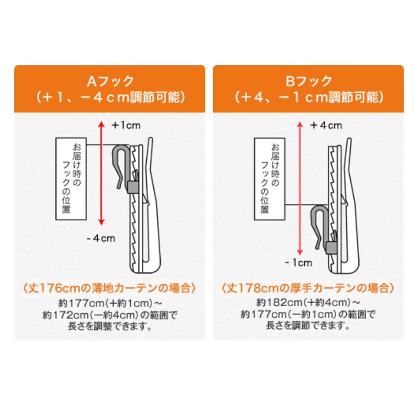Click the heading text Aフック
pyautogui.click(x=110, y=81)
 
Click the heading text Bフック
pyautogui.click(x=308, y=81)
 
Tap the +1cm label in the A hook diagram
pyautogui.click(x=126, y=125)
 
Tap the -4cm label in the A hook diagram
pyautogui.click(x=101, y=238)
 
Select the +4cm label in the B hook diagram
pyautogui.click(x=326, y=125)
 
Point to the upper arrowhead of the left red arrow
pyautogui.click(x=102, y=124)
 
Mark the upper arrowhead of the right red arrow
pyautogui.click(x=300, y=124)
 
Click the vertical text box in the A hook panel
pyautogui.click(x=71, y=179)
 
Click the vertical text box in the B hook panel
pyautogui.click(x=269, y=179)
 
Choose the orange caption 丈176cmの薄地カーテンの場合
pyautogui.click(x=110, y=288)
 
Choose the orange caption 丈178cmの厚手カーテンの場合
pyautogui.click(x=308, y=288)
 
